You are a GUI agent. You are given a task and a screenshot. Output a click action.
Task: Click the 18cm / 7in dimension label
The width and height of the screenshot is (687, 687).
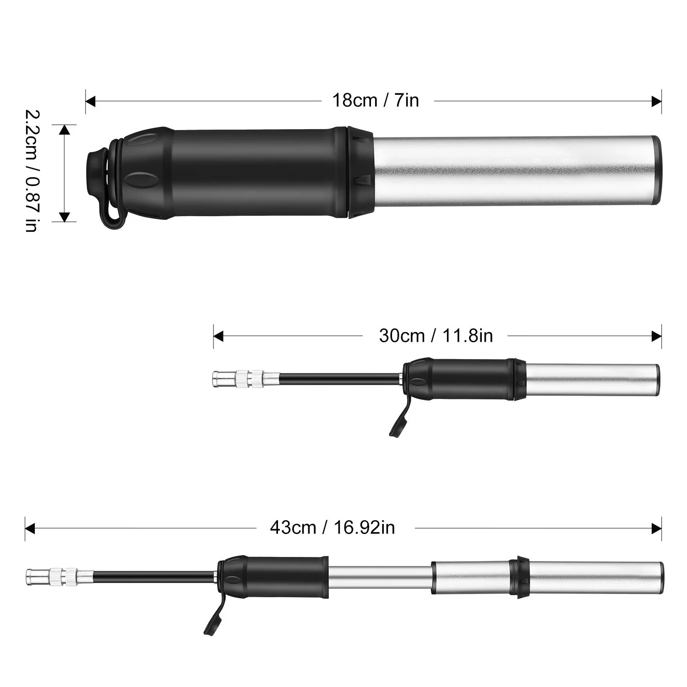[376, 100]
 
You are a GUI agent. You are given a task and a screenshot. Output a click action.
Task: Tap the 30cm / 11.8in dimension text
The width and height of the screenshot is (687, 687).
[436, 336]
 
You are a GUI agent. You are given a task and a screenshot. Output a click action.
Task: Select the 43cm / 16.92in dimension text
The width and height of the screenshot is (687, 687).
[332, 528]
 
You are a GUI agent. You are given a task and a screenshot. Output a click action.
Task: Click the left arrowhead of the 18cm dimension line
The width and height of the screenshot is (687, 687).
[90, 101]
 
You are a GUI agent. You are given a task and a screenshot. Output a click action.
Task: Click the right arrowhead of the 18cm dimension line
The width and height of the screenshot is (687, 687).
[656, 101]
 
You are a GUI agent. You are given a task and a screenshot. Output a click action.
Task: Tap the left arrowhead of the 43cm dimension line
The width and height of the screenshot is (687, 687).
[30, 528]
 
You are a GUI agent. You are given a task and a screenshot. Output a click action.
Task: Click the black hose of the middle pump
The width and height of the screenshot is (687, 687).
[339, 379]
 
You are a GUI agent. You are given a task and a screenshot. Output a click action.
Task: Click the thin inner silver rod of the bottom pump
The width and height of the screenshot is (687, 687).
[380, 576]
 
